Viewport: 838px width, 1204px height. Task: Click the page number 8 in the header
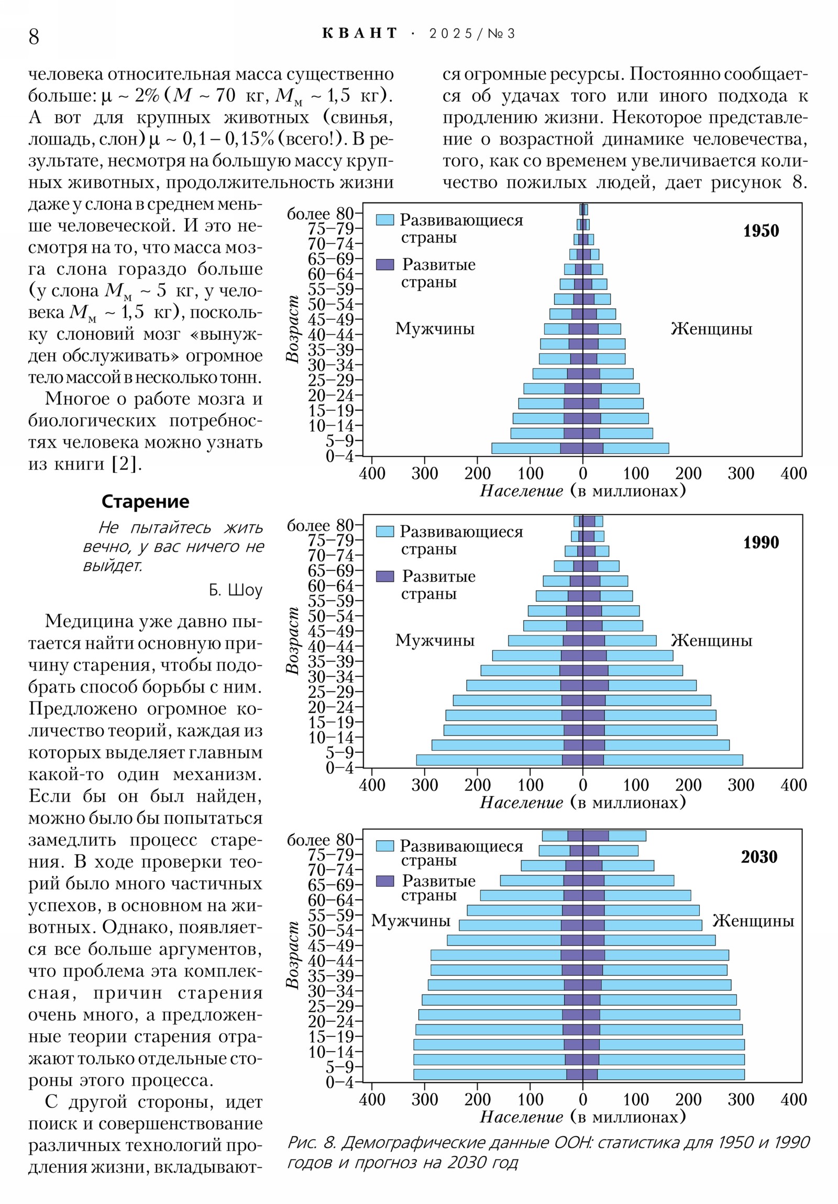[34, 37]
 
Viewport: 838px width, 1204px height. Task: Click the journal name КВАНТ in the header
[359, 34]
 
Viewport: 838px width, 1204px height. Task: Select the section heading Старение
[145, 501]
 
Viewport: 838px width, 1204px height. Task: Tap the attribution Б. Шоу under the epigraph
[235, 590]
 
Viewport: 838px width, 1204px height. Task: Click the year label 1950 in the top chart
[760, 231]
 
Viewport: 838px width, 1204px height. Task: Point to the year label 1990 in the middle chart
[760, 542]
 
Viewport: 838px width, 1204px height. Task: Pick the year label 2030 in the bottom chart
[759, 857]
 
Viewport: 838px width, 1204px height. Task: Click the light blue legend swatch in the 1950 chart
[384, 220]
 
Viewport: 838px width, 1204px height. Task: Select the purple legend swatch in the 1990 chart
[384, 576]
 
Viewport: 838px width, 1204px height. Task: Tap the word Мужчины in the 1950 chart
[435, 329]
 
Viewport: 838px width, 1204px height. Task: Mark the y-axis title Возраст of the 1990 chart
[292, 640]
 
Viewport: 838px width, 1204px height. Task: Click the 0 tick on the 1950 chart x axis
[582, 474]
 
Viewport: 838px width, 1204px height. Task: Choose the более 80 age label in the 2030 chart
[320, 840]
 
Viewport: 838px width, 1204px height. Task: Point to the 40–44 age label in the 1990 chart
[331, 646]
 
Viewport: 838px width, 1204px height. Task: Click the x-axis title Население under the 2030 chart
[521, 1117]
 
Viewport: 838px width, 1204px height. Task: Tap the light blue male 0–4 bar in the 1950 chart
[525, 448]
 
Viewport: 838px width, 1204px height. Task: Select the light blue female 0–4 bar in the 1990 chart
[672, 760]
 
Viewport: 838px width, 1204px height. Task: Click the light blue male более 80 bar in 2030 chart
[554, 836]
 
